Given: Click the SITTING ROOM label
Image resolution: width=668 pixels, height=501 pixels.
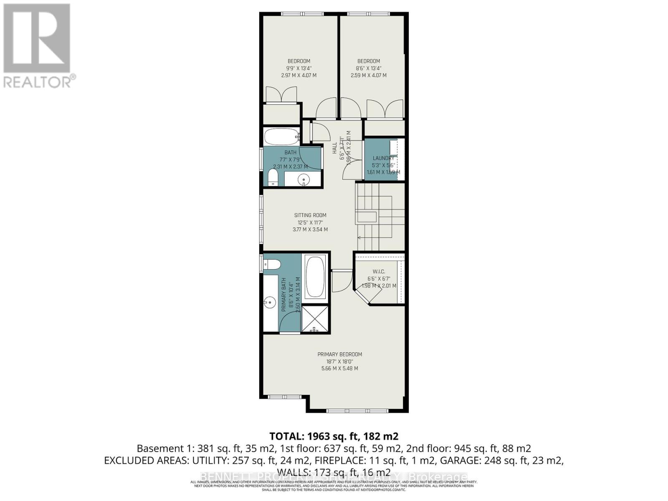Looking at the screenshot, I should coord(310,215).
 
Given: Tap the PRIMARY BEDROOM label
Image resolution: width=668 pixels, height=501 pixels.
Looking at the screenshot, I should coord(339,354).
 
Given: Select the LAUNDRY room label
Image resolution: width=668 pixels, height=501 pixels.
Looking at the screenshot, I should coord(383,158).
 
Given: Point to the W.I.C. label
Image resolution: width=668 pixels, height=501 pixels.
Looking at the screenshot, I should coord(379,272).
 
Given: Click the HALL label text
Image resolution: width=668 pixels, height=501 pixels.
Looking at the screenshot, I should coord(334,148).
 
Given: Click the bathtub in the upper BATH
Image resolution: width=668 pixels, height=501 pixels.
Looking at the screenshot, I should coord(281,136).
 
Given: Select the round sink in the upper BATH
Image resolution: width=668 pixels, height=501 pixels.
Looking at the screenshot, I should coord(303,180).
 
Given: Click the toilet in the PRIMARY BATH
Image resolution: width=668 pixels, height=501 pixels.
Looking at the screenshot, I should coord(273,264).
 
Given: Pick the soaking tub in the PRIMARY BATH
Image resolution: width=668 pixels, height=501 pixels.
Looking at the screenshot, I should coord(315,277).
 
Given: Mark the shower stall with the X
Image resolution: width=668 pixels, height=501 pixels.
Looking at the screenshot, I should coord(315,319).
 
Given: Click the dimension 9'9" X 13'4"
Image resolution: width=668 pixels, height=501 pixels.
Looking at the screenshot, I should coord(299,68).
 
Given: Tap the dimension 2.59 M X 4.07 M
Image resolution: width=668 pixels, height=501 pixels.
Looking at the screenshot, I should coord(368,76).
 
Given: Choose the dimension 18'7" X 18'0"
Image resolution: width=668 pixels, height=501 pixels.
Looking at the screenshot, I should coord(339,362).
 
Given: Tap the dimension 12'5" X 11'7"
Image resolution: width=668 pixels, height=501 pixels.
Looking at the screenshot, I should coord(310,223).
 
